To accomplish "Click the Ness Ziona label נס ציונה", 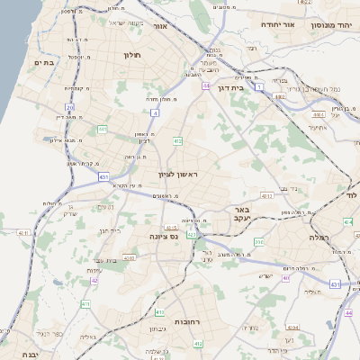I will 167,236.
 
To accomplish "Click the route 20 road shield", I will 70,108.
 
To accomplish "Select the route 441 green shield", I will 103,130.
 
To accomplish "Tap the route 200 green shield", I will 259,241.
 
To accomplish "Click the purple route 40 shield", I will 285,278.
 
